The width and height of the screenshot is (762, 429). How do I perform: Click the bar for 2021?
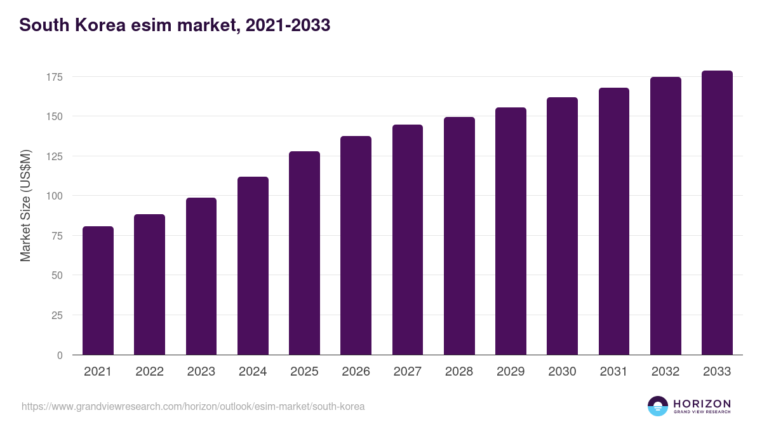pos(98,290)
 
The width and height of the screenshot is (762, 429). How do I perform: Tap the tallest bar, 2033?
pos(717,213)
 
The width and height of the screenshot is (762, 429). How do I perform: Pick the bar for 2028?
pos(459,236)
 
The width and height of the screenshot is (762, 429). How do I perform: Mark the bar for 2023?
pos(201,276)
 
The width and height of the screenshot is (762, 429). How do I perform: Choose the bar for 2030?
pos(562,226)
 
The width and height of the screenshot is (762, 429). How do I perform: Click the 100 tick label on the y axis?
pos(55,196)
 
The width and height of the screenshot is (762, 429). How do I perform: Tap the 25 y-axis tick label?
pos(58,315)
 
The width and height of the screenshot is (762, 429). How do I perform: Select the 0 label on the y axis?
pos(60,355)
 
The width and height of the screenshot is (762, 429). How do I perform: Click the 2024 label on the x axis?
pos(253,372)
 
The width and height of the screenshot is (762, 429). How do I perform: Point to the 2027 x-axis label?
pos(407,372)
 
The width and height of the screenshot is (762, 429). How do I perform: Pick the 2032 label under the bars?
pos(665,372)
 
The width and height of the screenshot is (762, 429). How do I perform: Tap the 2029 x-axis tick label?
pos(511,372)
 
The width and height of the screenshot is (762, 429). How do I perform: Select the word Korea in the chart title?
pos(98,25)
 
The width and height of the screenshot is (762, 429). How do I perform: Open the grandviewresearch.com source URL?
pos(193,406)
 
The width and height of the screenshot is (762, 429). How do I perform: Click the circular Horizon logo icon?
pos(658,406)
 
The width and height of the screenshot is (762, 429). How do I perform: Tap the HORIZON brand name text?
pos(702,404)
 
